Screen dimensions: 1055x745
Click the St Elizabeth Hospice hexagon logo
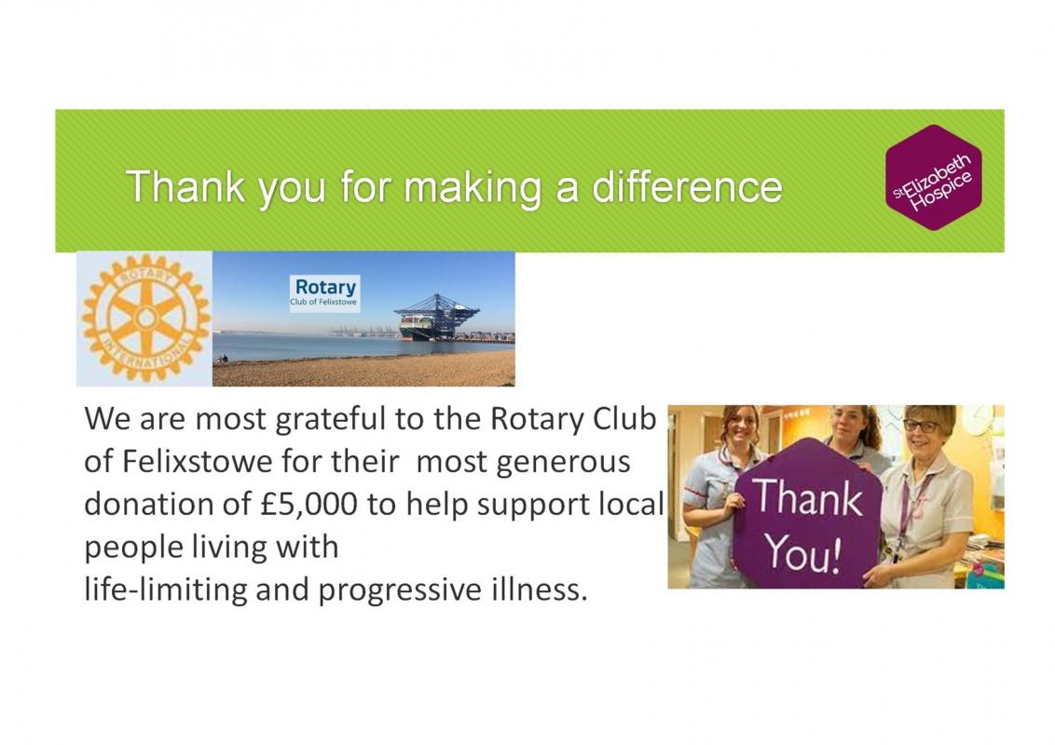(933, 178)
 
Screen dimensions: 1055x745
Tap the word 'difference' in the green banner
(687, 187)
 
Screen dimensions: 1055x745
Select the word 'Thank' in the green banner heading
(185, 186)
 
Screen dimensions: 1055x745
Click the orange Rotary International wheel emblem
(145, 318)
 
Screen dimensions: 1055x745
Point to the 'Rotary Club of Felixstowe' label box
(325, 293)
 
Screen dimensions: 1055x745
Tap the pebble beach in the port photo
(364, 369)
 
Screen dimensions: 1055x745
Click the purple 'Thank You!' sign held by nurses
(807, 514)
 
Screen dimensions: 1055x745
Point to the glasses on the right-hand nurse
(920, 427)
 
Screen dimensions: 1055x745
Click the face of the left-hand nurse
(743, 427)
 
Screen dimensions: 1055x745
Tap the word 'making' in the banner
(473, 188)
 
